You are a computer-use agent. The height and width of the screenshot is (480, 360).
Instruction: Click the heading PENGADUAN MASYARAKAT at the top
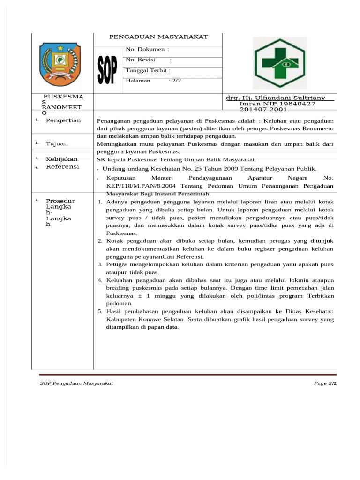click(x=158, y=37)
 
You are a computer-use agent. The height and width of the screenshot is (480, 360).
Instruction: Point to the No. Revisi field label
click(x=141, y=60)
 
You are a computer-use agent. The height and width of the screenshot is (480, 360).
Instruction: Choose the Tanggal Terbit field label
click(x=148, y=70)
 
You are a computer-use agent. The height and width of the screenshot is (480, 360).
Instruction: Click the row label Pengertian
click(x=63, y=120)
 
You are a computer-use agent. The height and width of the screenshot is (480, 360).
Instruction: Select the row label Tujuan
click(x=57, y=143)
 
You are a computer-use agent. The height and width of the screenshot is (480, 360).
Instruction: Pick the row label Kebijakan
click(x=61, y=159)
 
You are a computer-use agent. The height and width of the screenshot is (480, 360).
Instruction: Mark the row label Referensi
click(x=62, y=167)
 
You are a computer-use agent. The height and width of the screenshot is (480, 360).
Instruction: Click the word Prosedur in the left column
click(x=60, y=201)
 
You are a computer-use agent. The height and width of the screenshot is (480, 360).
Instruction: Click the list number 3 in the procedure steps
click(x=100, y=264)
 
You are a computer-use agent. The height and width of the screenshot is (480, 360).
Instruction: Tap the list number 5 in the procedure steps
click(x=100, y=311)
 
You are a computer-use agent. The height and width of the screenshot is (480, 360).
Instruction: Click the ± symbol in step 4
click(x=140, y=296)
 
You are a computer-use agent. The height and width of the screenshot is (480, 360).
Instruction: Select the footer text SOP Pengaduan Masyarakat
click(x=76, y=383)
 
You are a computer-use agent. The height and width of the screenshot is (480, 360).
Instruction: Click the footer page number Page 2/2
click(x=325, y=383)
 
